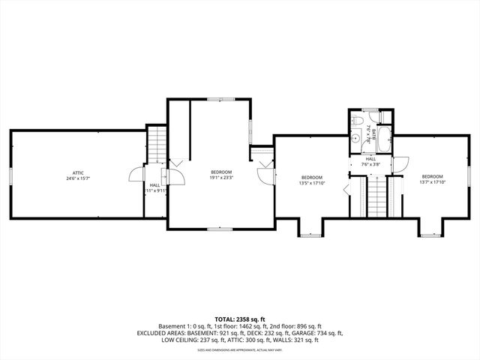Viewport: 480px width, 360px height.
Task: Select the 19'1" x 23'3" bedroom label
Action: tap(220, 172)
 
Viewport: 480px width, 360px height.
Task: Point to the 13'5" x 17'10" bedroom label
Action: tap(310, 178)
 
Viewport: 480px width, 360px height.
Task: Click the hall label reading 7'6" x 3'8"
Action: tap(370, 162)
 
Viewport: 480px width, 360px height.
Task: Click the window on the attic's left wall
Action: tap(10, 175)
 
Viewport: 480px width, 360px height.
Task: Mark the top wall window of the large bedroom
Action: tap(220, 97)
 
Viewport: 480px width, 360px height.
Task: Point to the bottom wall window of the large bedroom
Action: tap(220, 227)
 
